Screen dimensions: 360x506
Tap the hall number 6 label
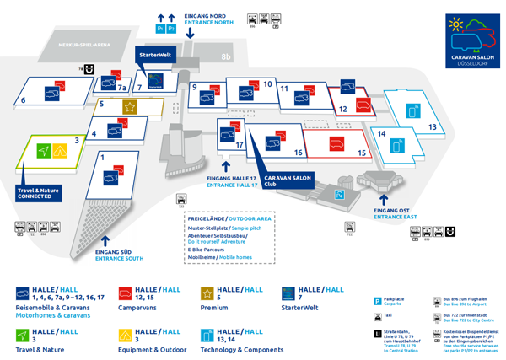point(23,100)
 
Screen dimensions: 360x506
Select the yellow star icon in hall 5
point(130,106)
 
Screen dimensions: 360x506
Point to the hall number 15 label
point(362,153)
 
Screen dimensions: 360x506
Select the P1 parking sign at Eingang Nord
point(160,29)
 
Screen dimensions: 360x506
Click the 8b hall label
point(225,57)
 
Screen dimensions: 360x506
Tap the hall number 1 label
point(101,157)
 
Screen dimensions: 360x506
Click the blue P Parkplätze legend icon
point(377,300)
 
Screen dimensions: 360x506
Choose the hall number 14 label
point(381,133)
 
